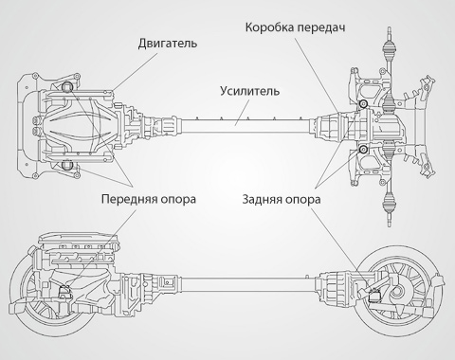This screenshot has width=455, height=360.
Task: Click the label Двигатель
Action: [168, 44]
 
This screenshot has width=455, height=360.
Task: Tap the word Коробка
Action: [270, 27]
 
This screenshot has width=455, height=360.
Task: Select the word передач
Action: [321, 28]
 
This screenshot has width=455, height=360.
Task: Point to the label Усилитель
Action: [249, 91]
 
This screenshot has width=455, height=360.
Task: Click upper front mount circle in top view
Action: [67, 86]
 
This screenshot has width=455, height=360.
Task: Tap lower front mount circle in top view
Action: [66, 165]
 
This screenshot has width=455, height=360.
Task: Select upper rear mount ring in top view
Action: [363, 103]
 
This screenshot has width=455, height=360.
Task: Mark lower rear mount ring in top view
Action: [363, 150]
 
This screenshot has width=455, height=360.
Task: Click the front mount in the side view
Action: [66, 293]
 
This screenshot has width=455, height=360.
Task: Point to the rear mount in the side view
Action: [375, 296]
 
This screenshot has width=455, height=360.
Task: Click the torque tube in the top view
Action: [246, 126]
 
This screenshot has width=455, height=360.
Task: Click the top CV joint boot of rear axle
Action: [389, 48]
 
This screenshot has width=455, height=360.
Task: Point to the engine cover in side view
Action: [79, 240]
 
